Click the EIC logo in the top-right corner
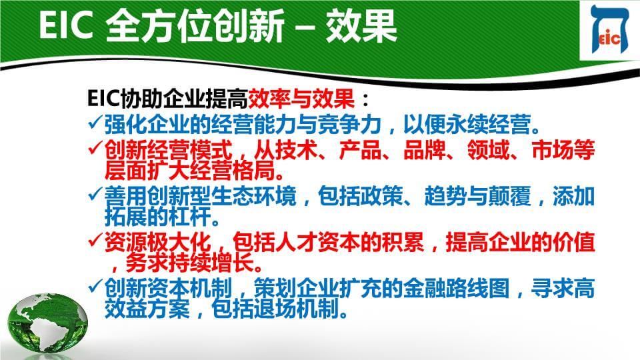click(x=610, y=29)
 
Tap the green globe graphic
click(x=47, y=325)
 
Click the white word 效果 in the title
click(x=361, y=26)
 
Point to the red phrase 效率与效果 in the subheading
click(x=301, y=99)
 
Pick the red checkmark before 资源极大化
click(x=95, y=240)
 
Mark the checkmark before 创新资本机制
click(x=95, y=286)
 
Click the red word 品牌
click(x=425, y=150)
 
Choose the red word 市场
click(x=553, y=150)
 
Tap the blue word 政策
click(x=381, y=196)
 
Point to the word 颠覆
click(x=510, y=196)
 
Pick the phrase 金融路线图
click(x=456, y=289)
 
